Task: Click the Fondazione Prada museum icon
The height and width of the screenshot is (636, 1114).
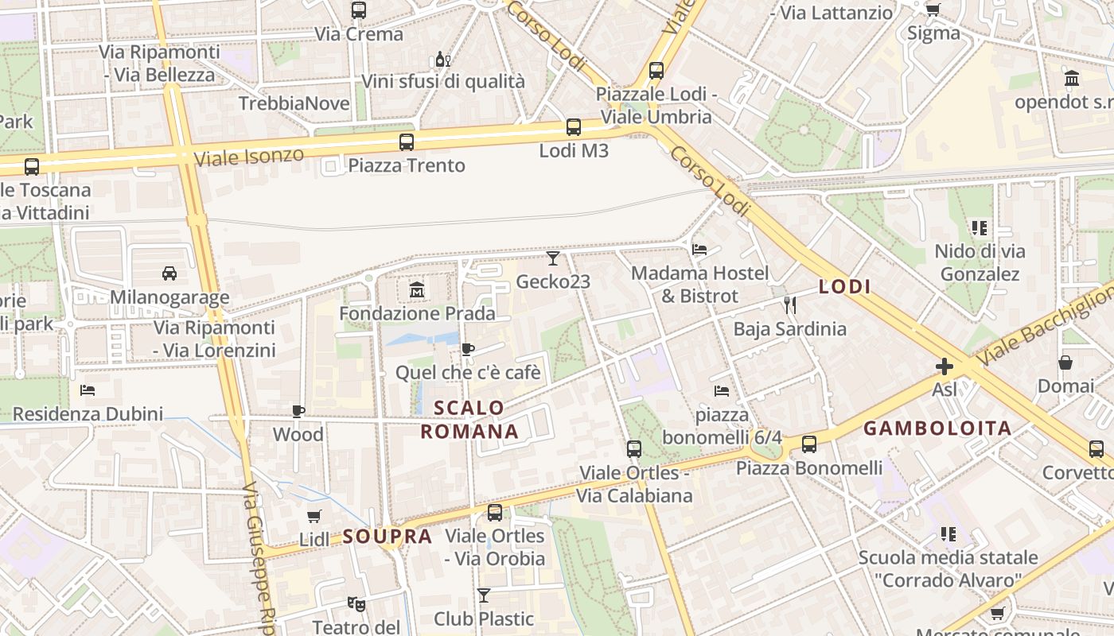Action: click(417, 290)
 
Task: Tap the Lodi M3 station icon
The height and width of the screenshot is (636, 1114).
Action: click(573, 127)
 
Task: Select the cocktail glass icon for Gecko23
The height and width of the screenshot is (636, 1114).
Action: click(553, 258)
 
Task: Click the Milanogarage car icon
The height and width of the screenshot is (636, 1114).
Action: click(169, 273)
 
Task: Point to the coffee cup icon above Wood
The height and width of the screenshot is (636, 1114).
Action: click(298, 411)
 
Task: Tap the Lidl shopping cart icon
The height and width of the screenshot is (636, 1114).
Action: click(314, 516)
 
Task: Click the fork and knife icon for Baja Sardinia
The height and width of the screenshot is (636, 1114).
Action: click(789, 304)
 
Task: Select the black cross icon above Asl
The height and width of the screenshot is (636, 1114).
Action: click(945, 366)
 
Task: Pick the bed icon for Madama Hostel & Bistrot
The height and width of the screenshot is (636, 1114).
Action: click(699, 250)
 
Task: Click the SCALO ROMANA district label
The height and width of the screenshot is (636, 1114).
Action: click(469, 420)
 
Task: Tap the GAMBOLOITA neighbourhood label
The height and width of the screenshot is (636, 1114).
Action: click(937, 429)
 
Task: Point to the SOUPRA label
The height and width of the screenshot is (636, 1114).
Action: click(388, 537)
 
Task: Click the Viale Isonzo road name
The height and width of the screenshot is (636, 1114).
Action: click(249, 156)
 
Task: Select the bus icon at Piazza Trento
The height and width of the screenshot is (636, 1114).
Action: click(407, 142)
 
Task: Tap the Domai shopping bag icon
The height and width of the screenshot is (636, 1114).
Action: click(1065, 363)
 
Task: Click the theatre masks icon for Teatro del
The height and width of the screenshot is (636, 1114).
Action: click(356, 604)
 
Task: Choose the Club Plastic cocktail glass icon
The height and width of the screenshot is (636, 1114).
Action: click(484, 595)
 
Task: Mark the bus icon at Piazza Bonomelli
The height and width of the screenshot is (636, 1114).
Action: click(809, 444)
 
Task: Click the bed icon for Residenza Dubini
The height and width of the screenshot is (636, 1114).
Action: click(88, 390)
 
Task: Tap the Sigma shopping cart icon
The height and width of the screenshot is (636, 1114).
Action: click(933, 10)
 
